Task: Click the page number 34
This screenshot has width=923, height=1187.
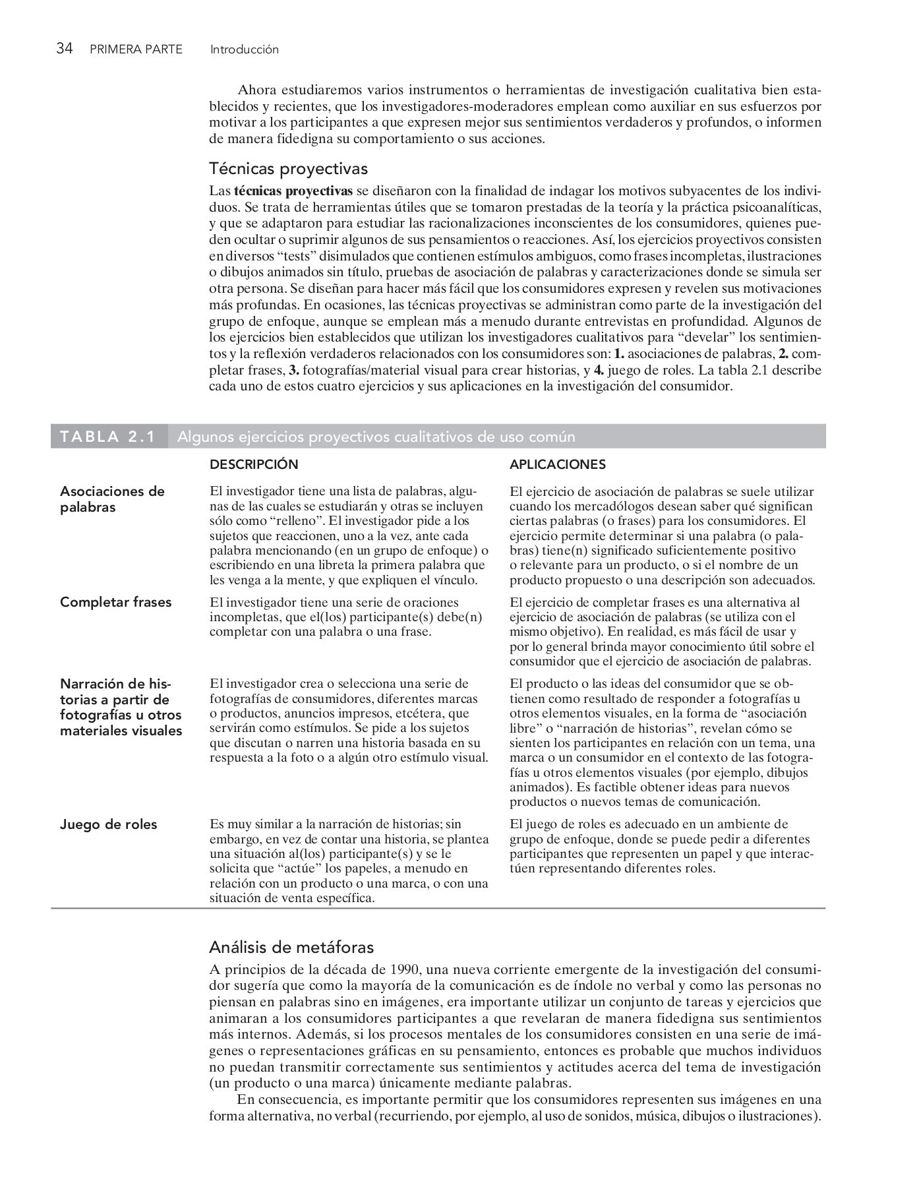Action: pyautogui.click(x=64, y=49)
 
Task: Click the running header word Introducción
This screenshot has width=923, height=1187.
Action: pyautogui.click(x=244, y=49)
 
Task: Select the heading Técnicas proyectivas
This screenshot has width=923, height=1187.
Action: pyautogui.click(x=288, y=169)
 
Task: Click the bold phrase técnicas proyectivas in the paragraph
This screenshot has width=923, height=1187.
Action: pyautogui.click(x=293, y=191)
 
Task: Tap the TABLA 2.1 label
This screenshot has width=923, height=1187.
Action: pyautogui.click(x=107, y=437)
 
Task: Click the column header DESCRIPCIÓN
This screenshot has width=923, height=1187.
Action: pyautogui.click(x=254, y=464)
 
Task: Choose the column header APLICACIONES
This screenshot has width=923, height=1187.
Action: pyautogui.click(x=557, y=464)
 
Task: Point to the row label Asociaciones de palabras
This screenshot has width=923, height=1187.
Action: pyautogui.click(x=112, y=499)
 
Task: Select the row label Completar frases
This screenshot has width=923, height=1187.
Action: pyautogui.click(x=115, y=602)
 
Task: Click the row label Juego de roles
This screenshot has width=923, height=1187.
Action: pyautogui.click(x=109, y=824)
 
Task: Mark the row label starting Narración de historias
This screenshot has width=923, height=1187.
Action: pyautogui.click(x=121, y=707)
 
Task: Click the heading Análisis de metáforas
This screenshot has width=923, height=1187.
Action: pyautogui.click(x=291, y=948)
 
